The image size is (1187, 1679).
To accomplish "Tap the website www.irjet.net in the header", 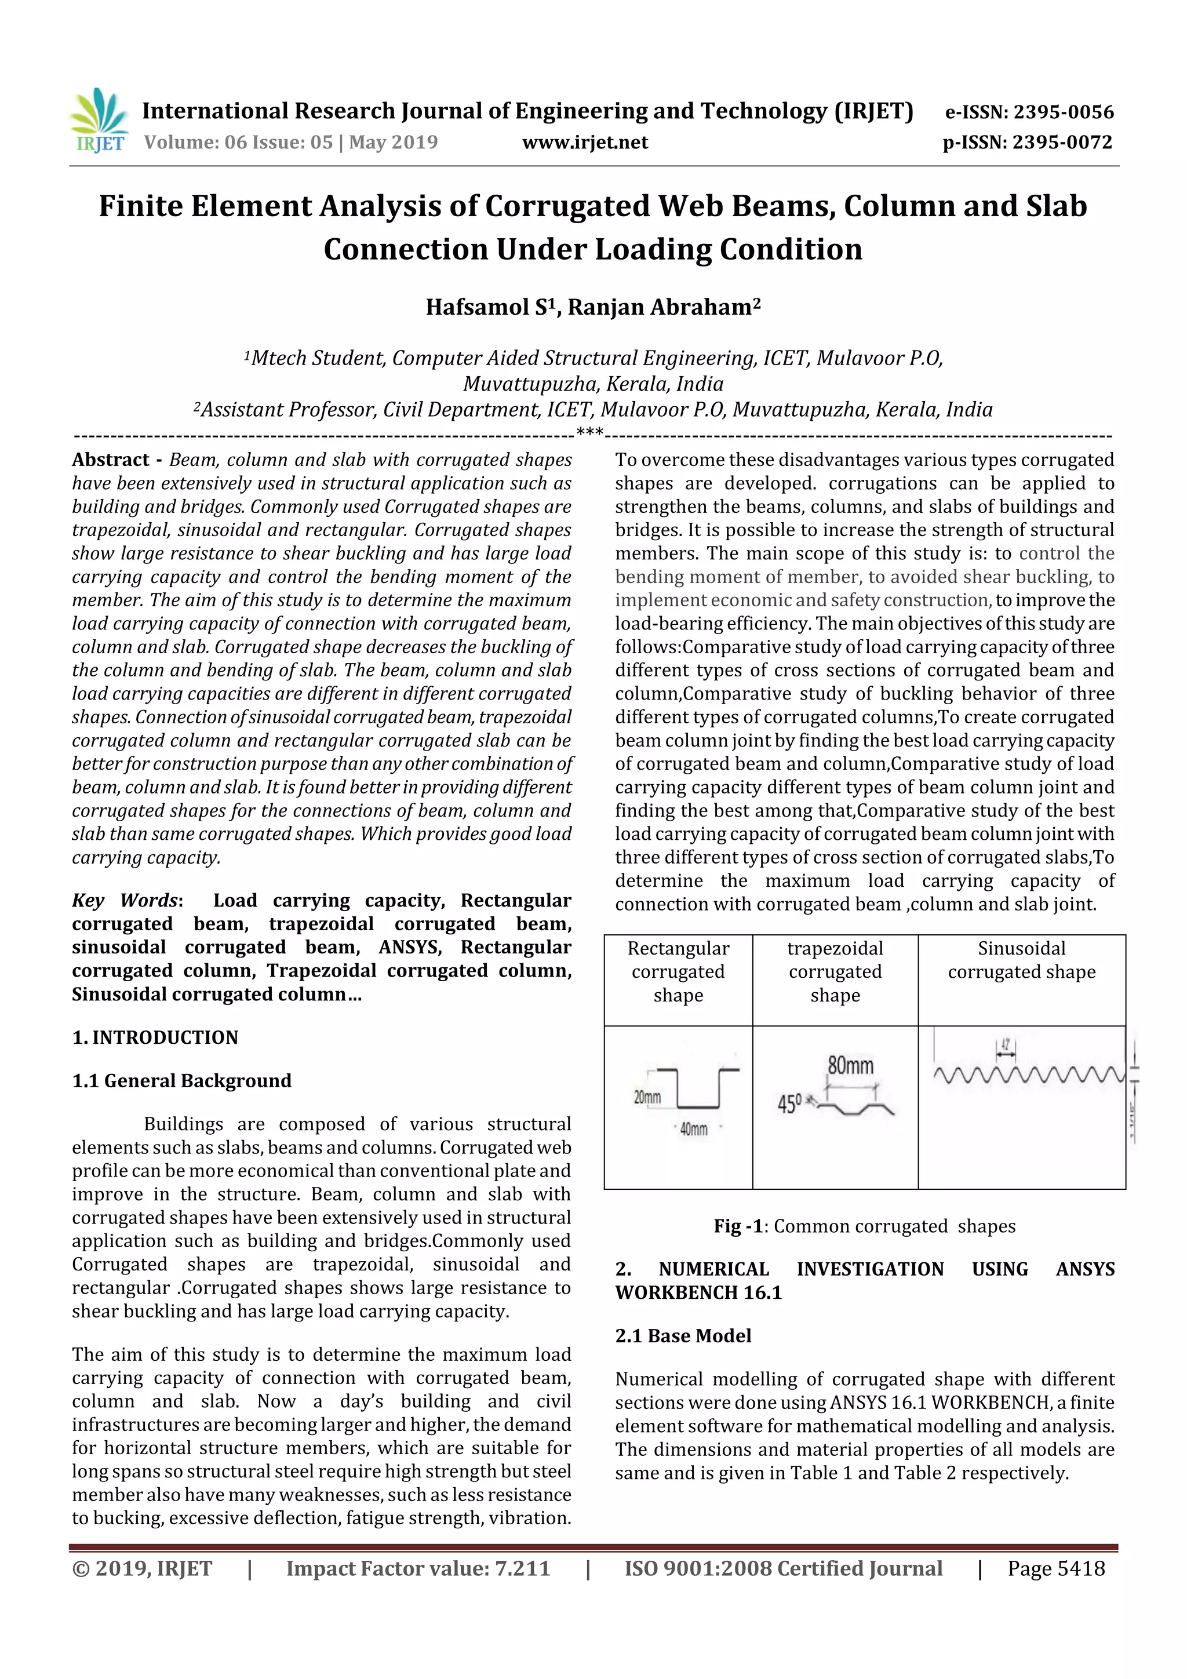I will pos(584,142).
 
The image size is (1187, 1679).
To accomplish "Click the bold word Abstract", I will pos(111,460).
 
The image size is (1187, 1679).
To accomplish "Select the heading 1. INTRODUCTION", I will pos(155,1037).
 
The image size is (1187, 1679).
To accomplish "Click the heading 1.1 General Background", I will pos(181,1081).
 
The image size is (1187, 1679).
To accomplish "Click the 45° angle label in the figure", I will pos(789,1103).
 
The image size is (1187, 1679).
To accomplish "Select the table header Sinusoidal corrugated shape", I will pos(1021,960).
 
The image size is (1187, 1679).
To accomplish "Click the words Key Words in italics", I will pos(125,900).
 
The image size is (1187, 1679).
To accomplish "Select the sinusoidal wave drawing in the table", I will pos(1028,1075).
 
